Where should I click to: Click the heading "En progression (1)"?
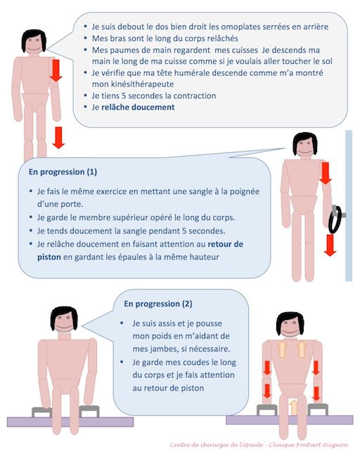[x=63, y=172]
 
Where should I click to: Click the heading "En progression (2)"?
[x=158, y=304]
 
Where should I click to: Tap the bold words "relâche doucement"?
[x=138, y=107]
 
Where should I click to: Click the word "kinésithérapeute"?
[x=133, y=84]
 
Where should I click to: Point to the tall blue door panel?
[x=349, y=206]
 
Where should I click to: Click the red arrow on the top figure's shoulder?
[x=56, y=70]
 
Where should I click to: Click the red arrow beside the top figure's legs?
[x=58, y=138]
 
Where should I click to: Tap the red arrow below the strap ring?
[x=330, y=245]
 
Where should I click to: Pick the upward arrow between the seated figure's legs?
[x=293, y=408]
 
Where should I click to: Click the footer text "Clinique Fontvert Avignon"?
[x=309, y=445]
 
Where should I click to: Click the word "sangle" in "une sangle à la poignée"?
[x=200, y=191]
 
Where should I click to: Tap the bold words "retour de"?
[x=226, y=244]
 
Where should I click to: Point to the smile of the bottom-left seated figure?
[x=64, y=326]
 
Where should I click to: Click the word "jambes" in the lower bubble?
[x=158, y=349]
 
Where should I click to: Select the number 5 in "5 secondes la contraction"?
[x=124, y=96]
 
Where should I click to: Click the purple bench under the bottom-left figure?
[x=70, y=422]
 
